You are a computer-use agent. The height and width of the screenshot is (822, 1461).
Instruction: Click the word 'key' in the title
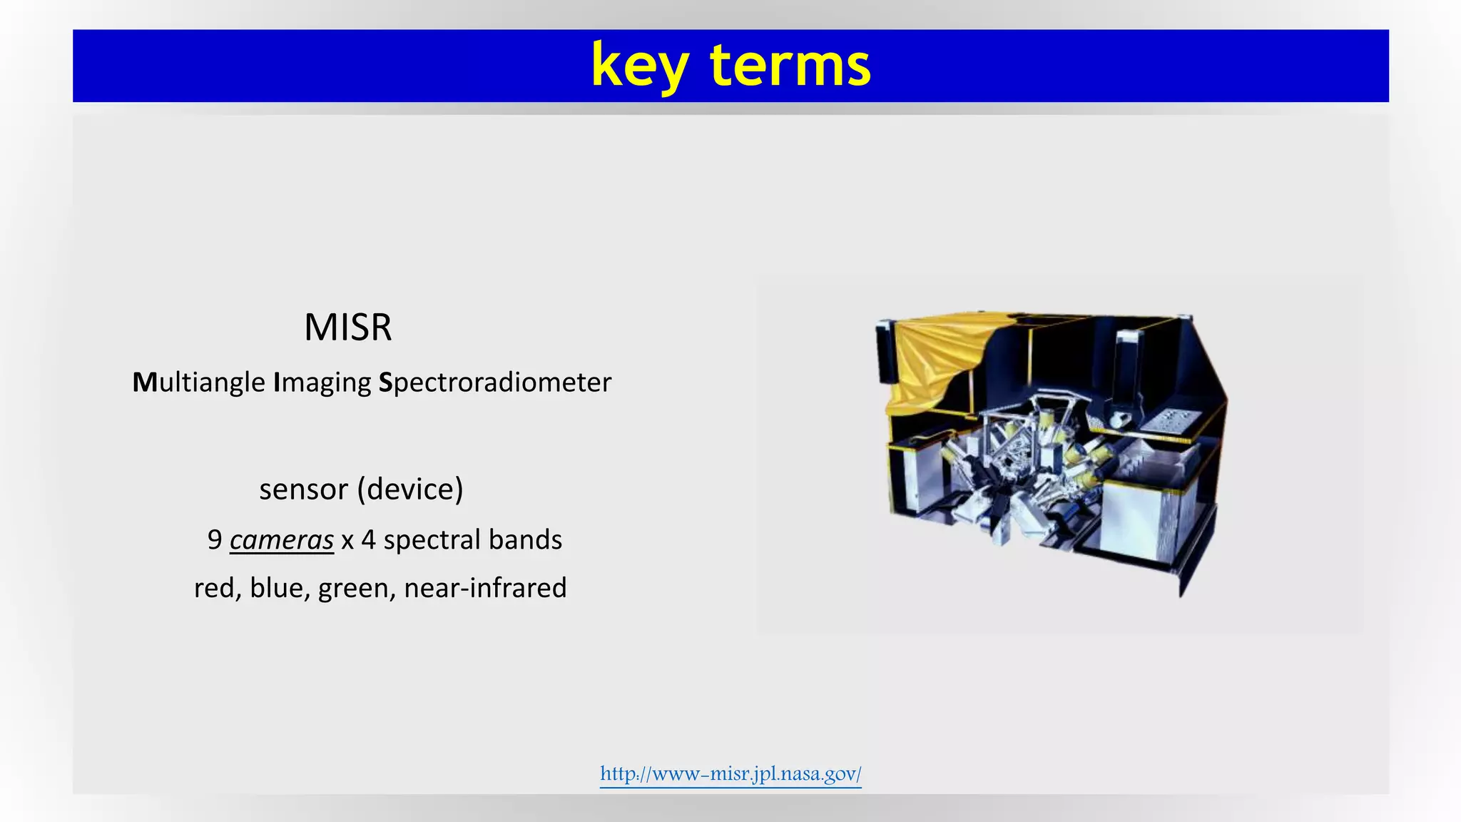click(x=639, y=66)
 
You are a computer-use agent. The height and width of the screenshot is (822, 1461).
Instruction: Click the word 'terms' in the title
click(x=790, y=66)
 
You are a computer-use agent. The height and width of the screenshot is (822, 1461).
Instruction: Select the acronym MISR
click(x=347, y=328)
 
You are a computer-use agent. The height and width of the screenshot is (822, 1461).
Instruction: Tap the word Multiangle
click(x=198, y=382)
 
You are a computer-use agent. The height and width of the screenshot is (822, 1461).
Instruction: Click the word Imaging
click(x=322, y=382)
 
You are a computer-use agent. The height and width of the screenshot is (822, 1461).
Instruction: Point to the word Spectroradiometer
click(x=494, y=382)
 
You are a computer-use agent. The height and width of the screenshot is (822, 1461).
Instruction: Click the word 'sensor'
click(x=303, y=489)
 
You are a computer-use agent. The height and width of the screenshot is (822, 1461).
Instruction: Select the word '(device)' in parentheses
click(x=410, y=489)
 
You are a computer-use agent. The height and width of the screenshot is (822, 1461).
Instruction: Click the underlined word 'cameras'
click(x=281, y=539)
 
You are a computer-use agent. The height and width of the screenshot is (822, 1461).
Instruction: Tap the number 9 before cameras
click(x=215, y=539)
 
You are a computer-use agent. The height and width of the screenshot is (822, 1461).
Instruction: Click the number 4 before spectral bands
click(x=368, y=539)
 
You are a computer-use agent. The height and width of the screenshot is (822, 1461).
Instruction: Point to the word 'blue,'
click(x=280, y=588)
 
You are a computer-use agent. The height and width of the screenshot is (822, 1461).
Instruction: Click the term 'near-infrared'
click(x=485, y=588)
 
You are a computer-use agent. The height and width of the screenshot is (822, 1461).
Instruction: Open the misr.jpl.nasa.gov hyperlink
click(x=730, y=773)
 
